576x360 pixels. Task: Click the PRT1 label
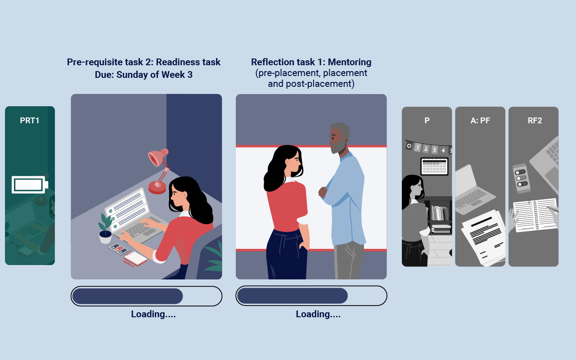(30, 121)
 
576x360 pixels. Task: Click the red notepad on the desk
(135, 258)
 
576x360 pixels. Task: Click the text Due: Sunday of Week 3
(144, 75)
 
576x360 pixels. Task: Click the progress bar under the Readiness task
(146, 296)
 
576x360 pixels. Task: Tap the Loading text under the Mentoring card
(318, 314)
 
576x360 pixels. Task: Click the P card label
(427, 121)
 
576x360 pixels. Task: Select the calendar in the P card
(434, 166)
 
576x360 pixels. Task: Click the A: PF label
(480, 121)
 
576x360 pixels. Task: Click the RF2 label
(535, 121)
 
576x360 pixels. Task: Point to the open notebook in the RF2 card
(535, 215)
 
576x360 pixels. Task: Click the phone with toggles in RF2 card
(522, 178)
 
